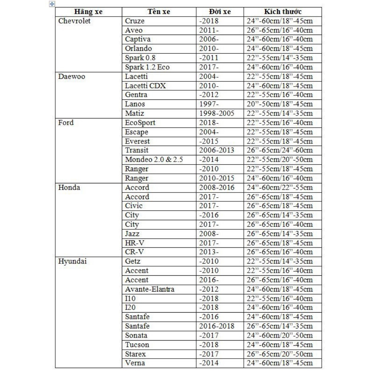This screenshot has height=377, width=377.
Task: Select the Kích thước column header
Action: pos(283,12)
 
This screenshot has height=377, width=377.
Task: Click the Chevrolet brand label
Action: pos(74,21)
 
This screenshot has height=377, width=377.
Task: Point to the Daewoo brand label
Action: pos(72,77)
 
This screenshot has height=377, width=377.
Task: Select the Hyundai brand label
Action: pos(72,261)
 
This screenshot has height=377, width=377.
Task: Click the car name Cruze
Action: pos(135,21)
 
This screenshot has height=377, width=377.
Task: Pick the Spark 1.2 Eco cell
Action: pos(147,67)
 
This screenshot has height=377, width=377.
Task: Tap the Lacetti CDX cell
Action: pos(145,86)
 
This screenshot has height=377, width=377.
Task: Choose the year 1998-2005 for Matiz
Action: pos(216,113)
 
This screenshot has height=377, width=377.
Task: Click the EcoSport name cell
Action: pos(140,123)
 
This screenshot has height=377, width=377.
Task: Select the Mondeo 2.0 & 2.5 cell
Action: pos(154,160)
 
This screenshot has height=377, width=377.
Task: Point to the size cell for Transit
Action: pos(279,151)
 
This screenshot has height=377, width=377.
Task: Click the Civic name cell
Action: pos(134,206)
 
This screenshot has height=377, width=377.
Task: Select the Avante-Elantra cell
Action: pos(149,289)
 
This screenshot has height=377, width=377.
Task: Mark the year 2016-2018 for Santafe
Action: pos(216,326)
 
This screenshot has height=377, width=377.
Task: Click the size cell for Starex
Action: pos(279,354)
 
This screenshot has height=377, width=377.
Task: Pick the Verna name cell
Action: pos(135,363)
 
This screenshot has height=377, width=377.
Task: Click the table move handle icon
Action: pos(52,4)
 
